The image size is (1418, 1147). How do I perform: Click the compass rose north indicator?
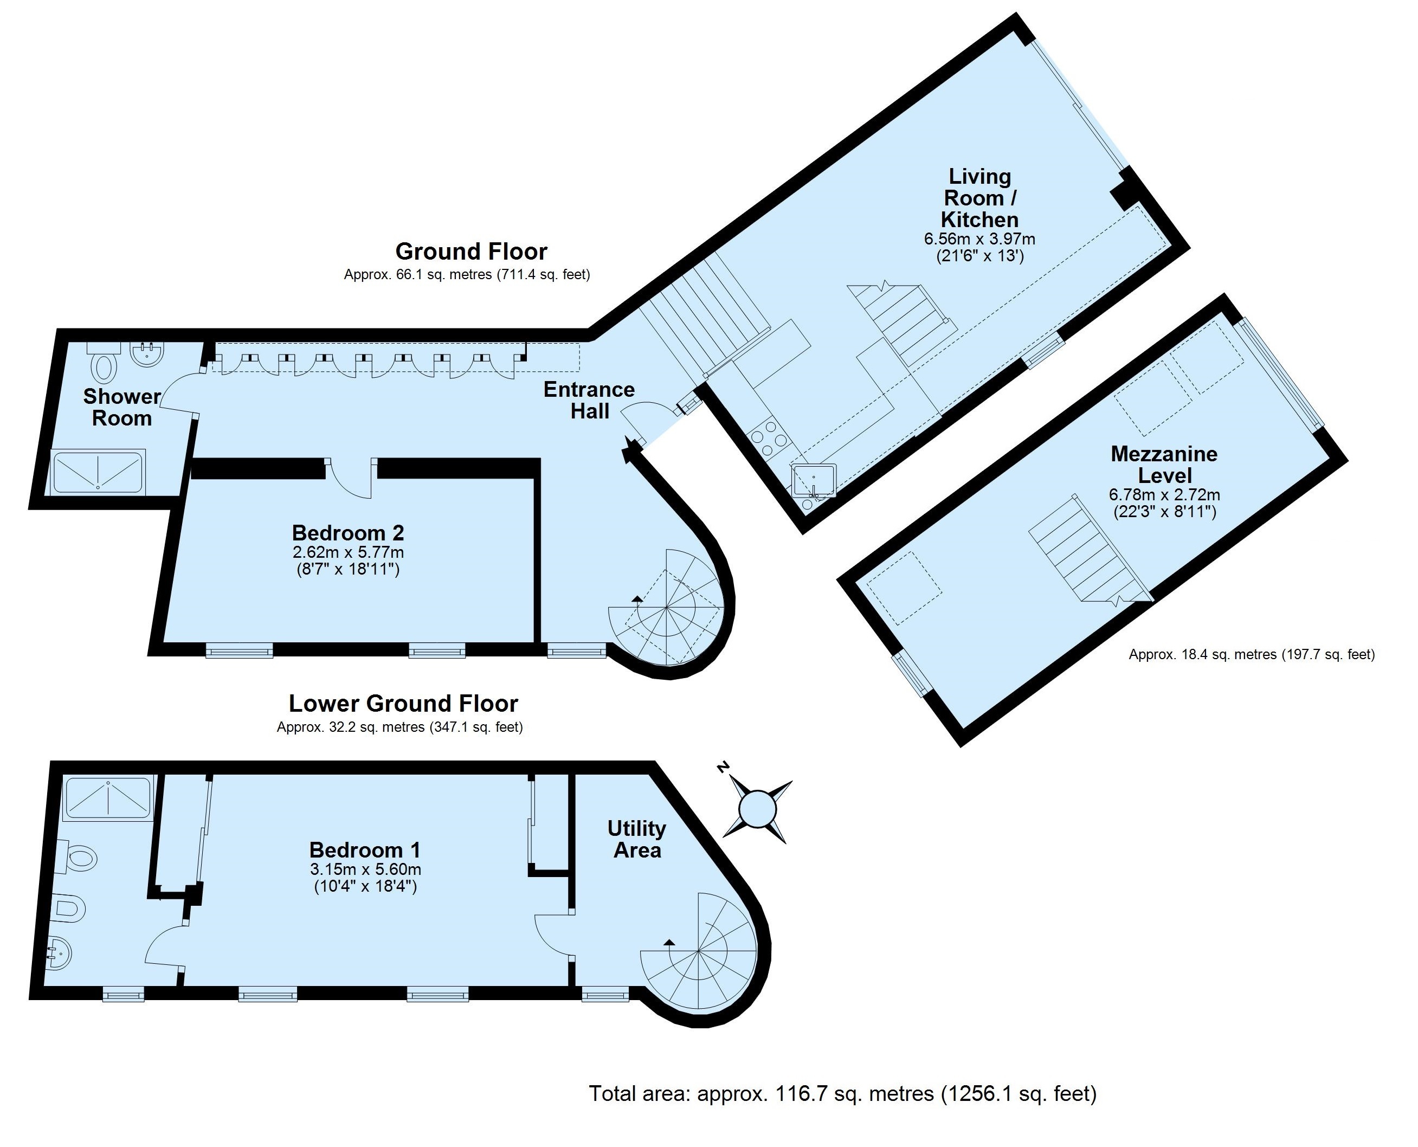[724, 767]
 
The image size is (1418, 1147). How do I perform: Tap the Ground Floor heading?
[471, 252]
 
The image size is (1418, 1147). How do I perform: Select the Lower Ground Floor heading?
[403, 703]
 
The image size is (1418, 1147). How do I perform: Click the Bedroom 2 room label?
[348, 532]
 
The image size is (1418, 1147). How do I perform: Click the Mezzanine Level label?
[1164, 465]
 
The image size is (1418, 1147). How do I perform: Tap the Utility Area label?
[637, 839]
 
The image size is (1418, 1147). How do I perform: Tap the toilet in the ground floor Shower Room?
[103, 362]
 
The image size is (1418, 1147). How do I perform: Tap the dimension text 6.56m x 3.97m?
[979, 239]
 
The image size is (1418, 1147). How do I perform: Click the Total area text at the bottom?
[842, 1093]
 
